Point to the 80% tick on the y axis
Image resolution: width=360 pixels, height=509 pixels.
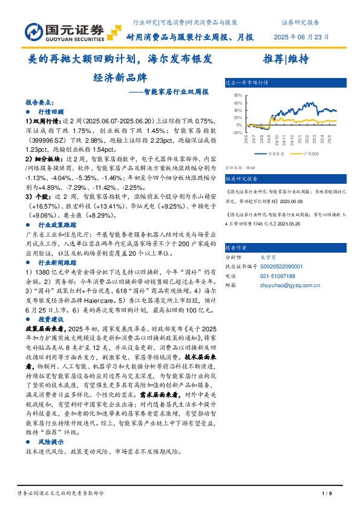tap(238, 95)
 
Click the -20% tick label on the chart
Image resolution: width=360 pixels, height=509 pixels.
tap(237, 132)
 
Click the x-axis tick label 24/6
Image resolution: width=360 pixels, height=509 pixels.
tap(246, 139)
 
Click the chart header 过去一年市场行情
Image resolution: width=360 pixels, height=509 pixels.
tap(247, 83)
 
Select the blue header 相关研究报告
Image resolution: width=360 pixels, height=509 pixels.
tap(242, 179)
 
